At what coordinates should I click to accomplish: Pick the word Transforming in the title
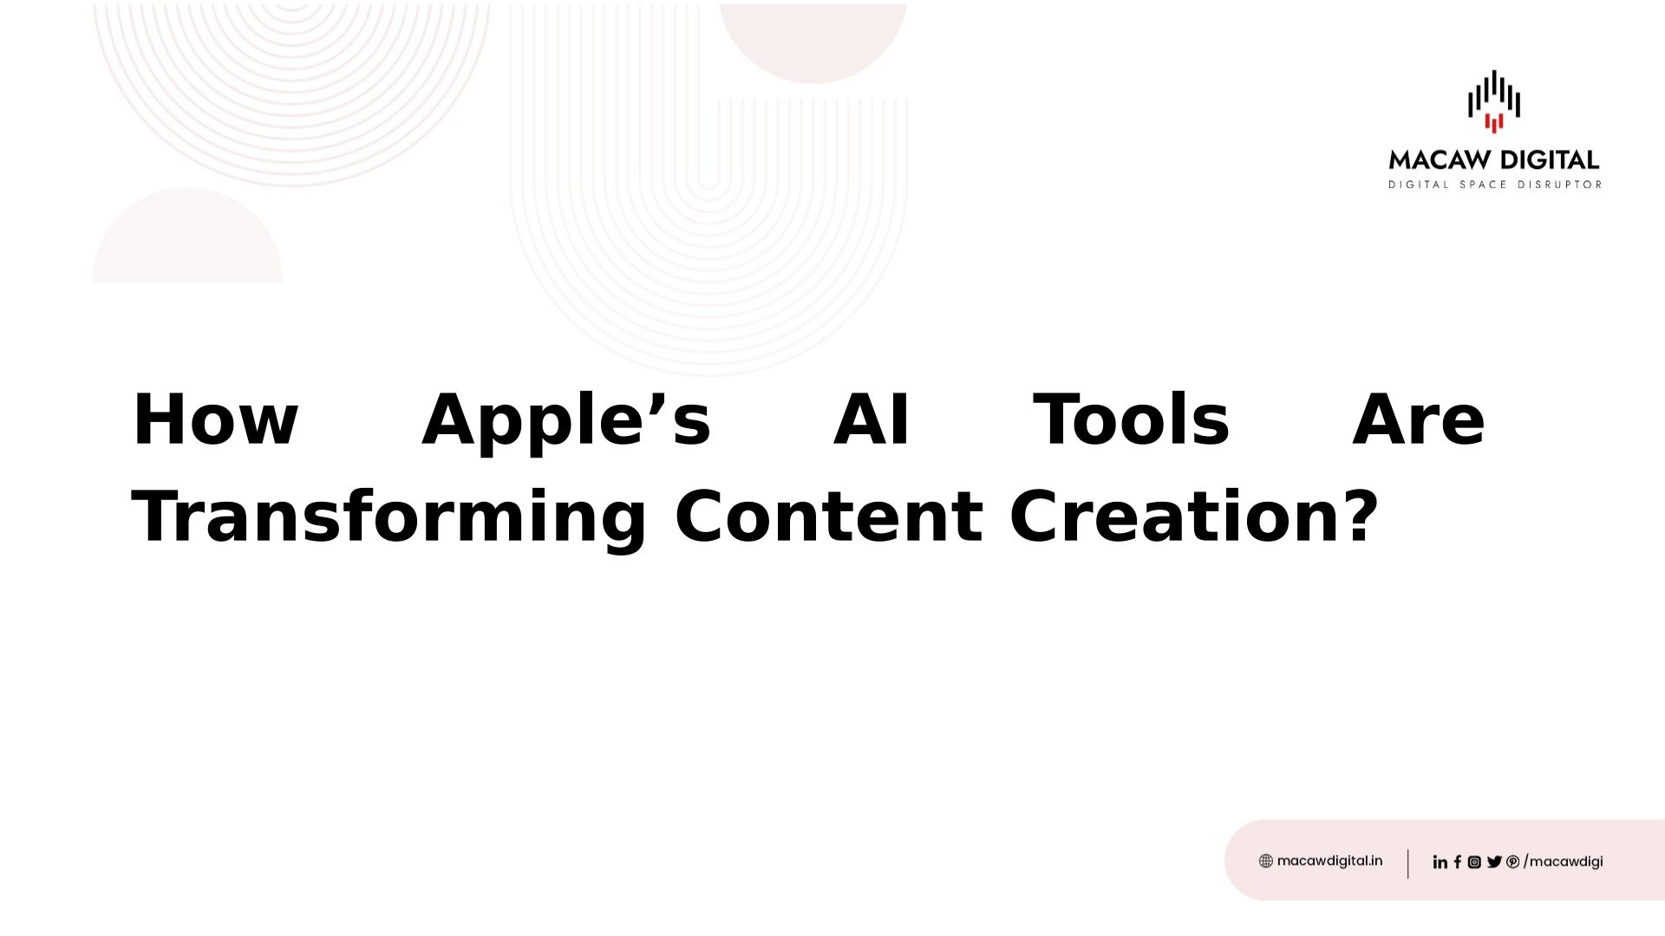pyautogui.click(x=388, y=518)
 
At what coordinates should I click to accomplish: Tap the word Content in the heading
pyautogui.click(x=828, y=517)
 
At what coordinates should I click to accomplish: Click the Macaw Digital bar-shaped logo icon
pyautogui.click(x=1493, y=101)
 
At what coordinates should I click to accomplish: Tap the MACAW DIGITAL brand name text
pyautogui.click(x=1494, y=159)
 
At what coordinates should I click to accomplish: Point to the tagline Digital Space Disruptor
pyautogui.click(x=1495, y=185)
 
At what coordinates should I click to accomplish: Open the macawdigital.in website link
pyautogui.click(x=1329, y=861)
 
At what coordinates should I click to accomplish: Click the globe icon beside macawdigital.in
pyautogui.click(x=1266, y=861)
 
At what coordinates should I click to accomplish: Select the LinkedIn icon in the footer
pyautogui.click(x=1440, y=861)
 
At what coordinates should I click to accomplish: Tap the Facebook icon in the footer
pyautogui.click(x=1458, y=861)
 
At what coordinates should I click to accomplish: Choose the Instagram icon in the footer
pyautogui.click(x=1474, y=861)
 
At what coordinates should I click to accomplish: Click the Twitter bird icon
pyautogui.click(x=1494, y=861)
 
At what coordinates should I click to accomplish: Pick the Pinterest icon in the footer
pyautogui.click(x=1513, y=861)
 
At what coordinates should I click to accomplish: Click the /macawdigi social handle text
pyautogui.click(x=1564, y=861)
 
